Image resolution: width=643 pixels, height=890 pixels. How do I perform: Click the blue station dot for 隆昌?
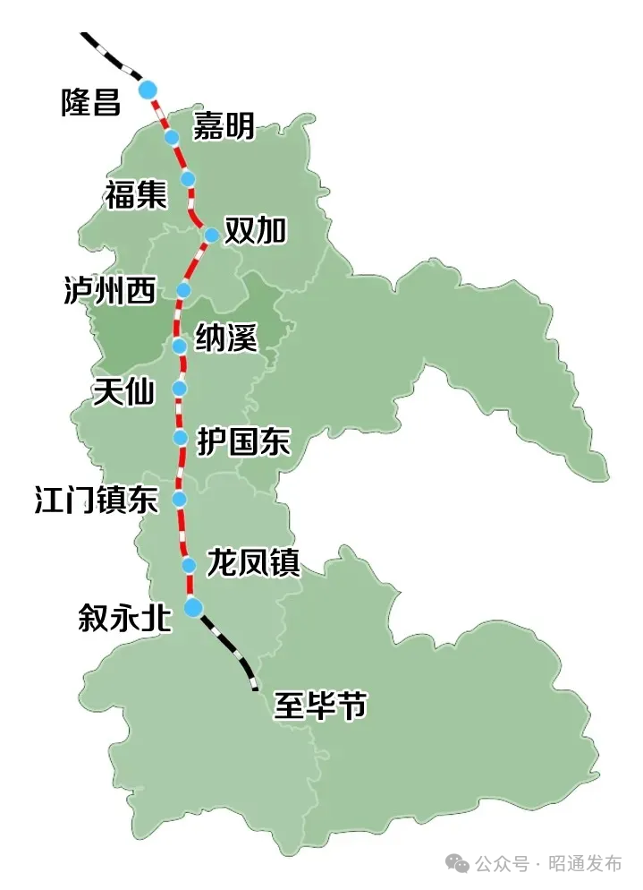click(x=148, y=89)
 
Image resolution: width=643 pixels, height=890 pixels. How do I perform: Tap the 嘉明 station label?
click(x=224, y=127)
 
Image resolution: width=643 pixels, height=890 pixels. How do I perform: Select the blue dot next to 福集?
click(x=188, y=179)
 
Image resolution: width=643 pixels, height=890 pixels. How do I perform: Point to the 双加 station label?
click(x=256, y=231)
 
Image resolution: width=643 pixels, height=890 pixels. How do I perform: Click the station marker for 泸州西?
click(x=184, y=290)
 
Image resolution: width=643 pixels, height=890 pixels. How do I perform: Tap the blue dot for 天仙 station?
click(x=180, y=389)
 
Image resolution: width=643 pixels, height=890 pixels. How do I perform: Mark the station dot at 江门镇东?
click(x=180, y=499)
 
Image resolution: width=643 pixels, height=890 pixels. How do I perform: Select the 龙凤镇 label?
click(x=252, y=564)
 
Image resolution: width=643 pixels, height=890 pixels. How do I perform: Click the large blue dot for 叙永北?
click(x=193, y=608)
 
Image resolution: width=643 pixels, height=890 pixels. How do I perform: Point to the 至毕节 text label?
click(x=320, y=706)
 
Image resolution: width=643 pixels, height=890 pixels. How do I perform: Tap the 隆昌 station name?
click(x=90, y=101)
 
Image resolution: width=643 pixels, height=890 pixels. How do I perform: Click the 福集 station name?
click(x=135, y=194)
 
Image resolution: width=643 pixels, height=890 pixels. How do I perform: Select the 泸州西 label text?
click(x=109, y=290)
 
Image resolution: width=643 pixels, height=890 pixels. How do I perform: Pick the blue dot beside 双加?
click(x=212, y=235)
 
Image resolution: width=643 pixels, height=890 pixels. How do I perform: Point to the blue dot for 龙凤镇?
click(x=189, y=565)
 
